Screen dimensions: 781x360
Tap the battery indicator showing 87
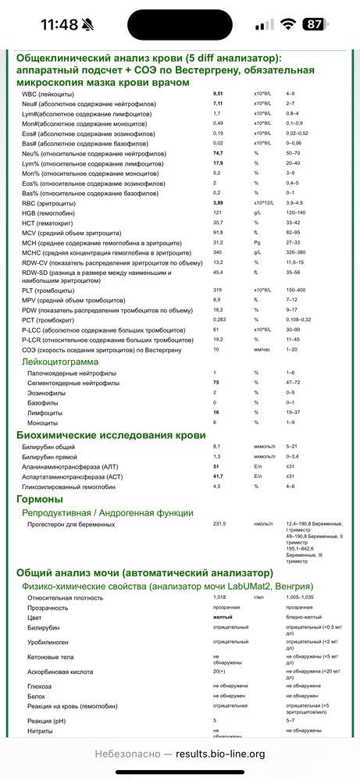pos(315,24)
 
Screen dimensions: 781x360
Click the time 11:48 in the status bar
pos(59,24)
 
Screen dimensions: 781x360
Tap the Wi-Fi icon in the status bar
pos(288,24)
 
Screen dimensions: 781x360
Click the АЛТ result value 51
pos(216,465)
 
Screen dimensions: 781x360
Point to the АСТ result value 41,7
pos(219,476)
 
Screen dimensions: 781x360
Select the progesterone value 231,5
pos(219,524)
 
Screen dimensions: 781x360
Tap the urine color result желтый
pos(222,616)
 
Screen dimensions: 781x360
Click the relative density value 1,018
pos(219,596)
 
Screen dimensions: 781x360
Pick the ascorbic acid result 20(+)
pos(220,671)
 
